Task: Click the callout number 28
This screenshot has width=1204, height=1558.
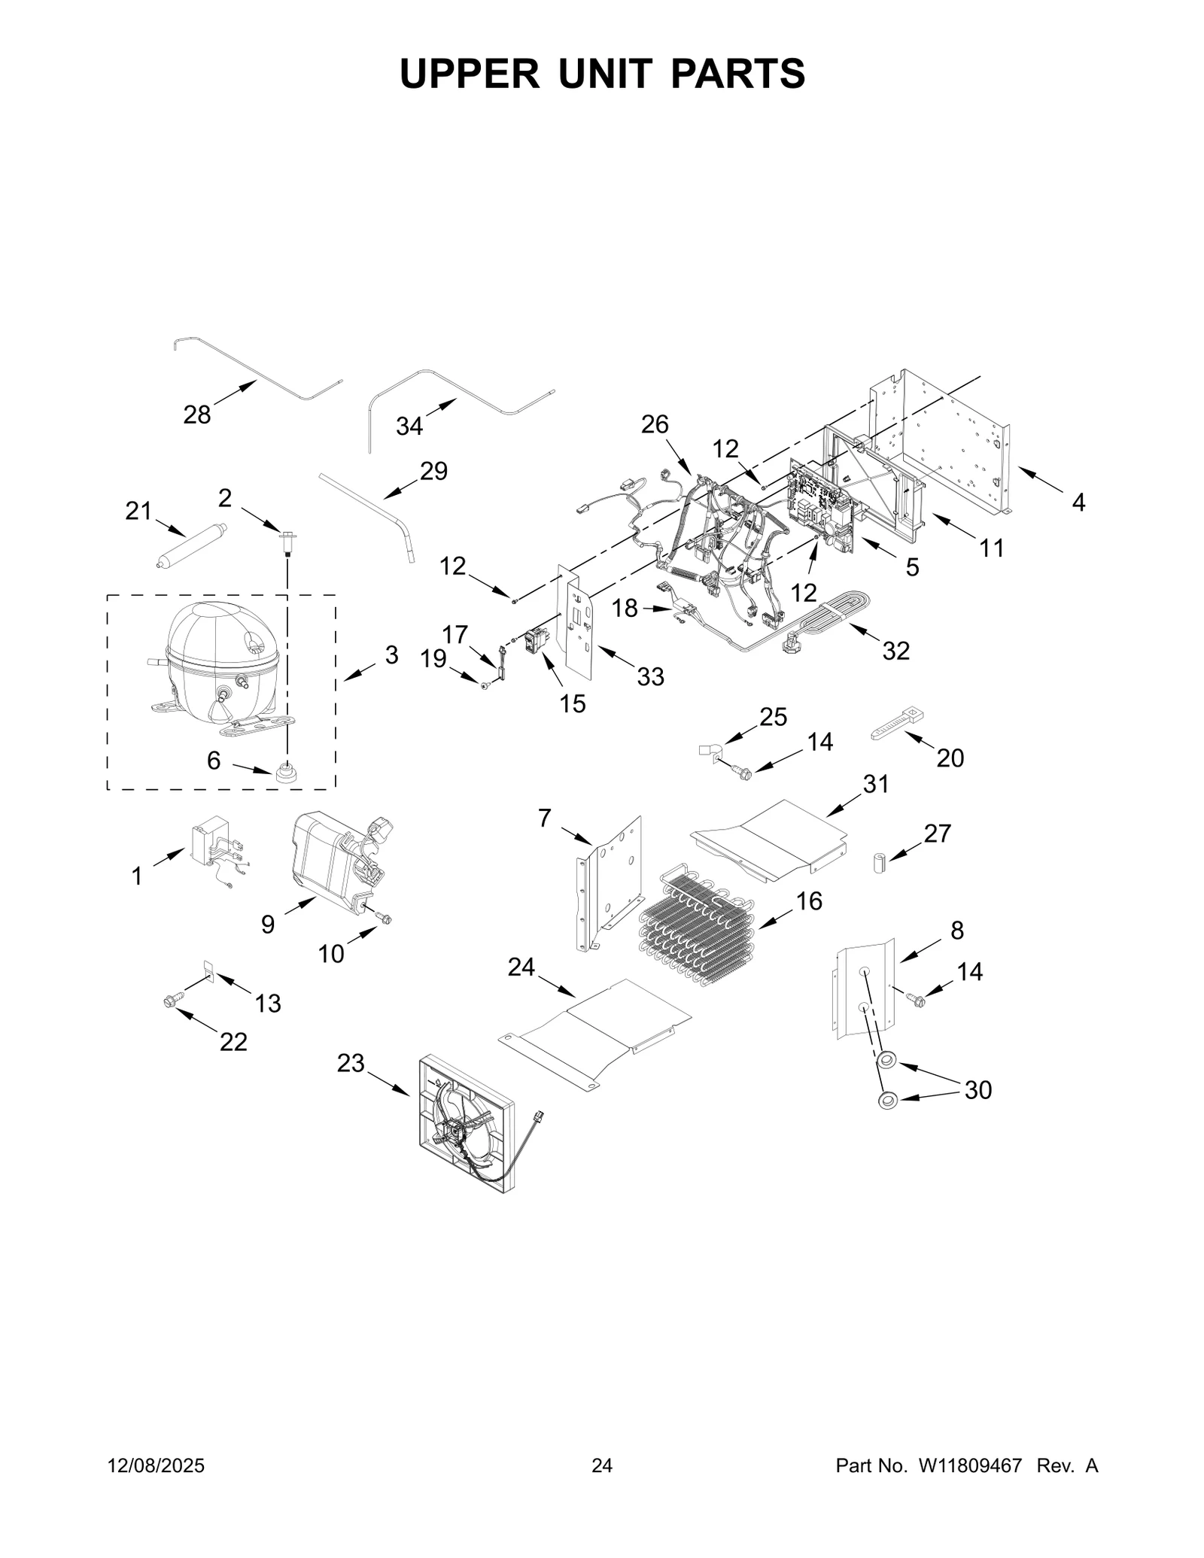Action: point(197,414)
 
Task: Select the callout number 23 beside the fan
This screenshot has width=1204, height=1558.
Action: point(351,1063)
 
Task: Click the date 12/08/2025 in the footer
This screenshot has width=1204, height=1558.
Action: point(156,1465)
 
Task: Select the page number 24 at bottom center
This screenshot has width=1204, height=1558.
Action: point(602,1465)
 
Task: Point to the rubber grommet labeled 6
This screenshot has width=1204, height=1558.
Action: point(284,772)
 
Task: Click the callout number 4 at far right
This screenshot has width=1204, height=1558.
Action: point(1078,503)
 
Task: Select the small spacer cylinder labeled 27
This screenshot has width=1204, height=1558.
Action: point(878,862)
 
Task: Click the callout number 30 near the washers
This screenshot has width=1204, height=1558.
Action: point(977,1089)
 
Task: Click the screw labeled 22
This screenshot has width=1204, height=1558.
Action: point(169,1001)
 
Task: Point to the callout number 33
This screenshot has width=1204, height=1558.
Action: point(650,676)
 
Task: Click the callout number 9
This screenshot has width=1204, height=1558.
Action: point(268,925)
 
